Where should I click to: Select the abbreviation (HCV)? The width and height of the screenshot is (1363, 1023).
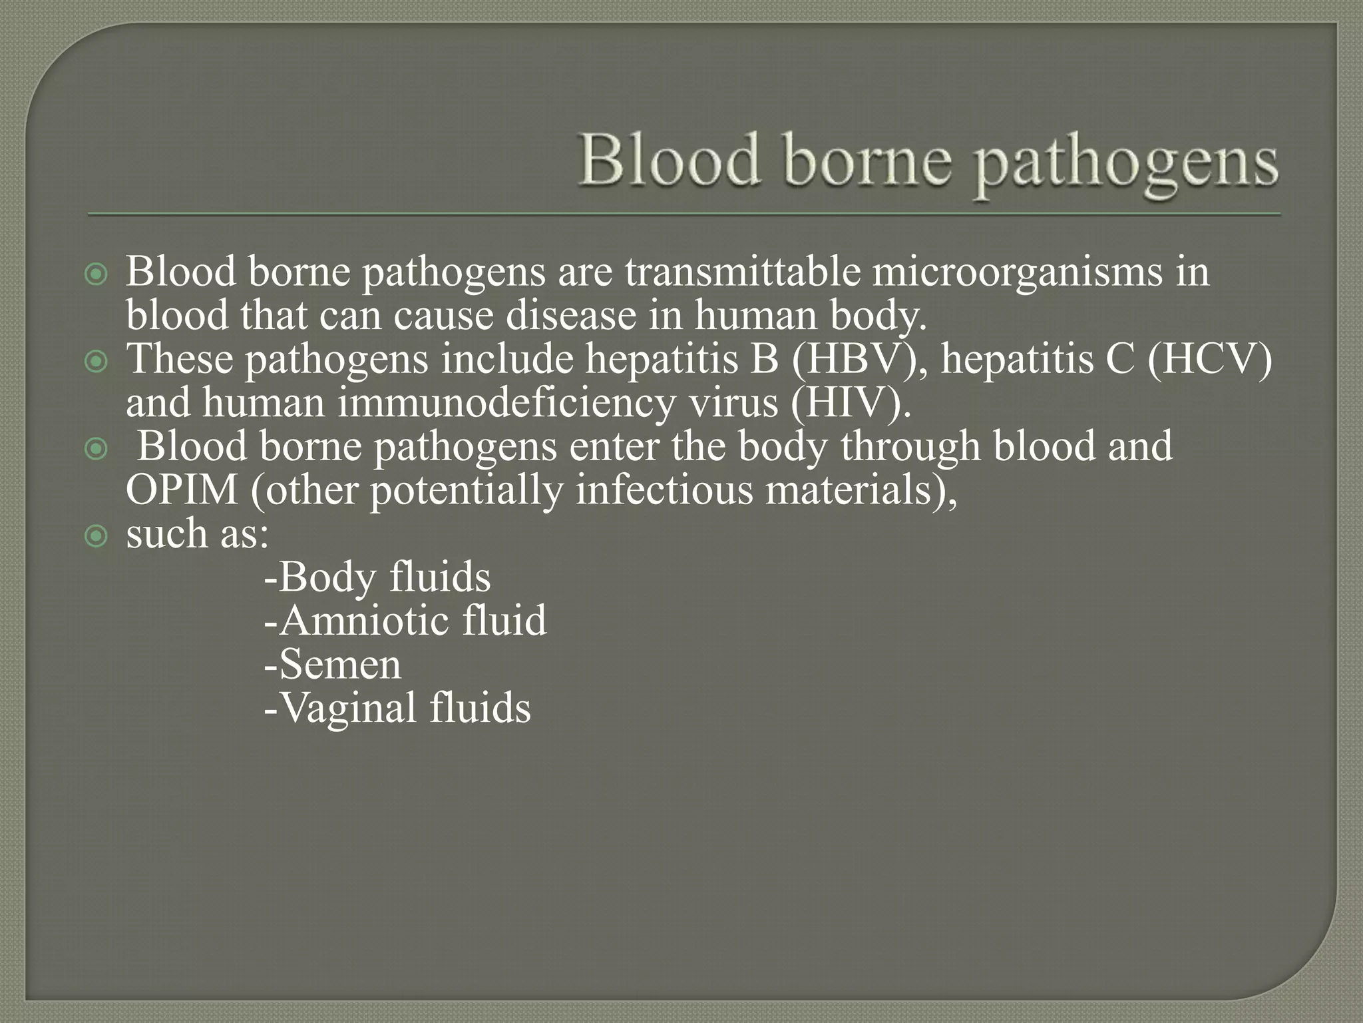tap(1209, 360)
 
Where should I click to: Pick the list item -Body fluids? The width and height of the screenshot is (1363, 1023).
tap(377, 577)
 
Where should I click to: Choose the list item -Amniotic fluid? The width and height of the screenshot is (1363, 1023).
tap(405, 621)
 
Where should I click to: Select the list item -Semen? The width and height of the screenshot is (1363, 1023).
tap(333, 665)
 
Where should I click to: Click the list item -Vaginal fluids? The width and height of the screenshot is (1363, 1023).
tap(397, 708)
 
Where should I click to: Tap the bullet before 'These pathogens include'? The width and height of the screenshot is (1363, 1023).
tap(97, 362)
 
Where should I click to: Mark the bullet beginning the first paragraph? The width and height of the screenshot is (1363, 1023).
tap(97, 274)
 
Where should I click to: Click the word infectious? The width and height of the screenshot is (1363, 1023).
tap(664, 491)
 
